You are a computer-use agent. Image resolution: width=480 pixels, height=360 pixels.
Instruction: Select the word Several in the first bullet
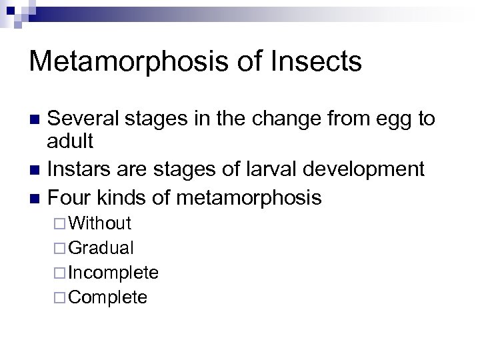pyautogui.click(x=83, y=119)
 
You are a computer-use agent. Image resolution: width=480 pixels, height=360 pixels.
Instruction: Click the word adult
pyautogui.click(x=71, y=141)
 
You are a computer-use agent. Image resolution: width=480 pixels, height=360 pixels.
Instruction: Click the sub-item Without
pyautogui.click(x=100, y=223)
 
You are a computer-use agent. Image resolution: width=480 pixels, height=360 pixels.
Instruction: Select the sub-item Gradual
pyautogui.click(x=101, y=248)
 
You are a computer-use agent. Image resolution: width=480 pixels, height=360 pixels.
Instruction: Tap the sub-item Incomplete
pyautogui.click(x=113, y=273)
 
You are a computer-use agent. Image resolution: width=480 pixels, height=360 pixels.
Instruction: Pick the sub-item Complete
pyautogui.click(x=108, y=297)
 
